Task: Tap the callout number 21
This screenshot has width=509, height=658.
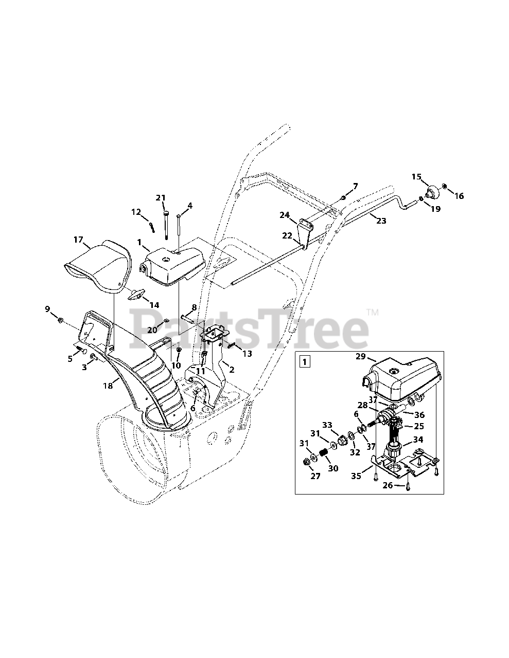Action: [161, 198]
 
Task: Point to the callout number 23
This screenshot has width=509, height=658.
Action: [381, 221]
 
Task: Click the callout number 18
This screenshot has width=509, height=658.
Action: [108, 385]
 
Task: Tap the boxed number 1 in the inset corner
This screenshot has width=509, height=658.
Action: [305, 361]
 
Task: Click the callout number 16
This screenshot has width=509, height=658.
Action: [459, 196]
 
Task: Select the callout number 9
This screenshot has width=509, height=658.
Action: [48, 309]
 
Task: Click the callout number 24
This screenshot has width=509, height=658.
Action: [285, 215]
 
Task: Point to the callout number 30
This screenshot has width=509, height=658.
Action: [334, 468]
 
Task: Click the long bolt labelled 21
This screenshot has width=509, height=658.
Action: [166, 224]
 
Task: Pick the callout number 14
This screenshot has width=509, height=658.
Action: [154, 305]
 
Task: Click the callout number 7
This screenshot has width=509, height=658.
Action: [355, 186]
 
